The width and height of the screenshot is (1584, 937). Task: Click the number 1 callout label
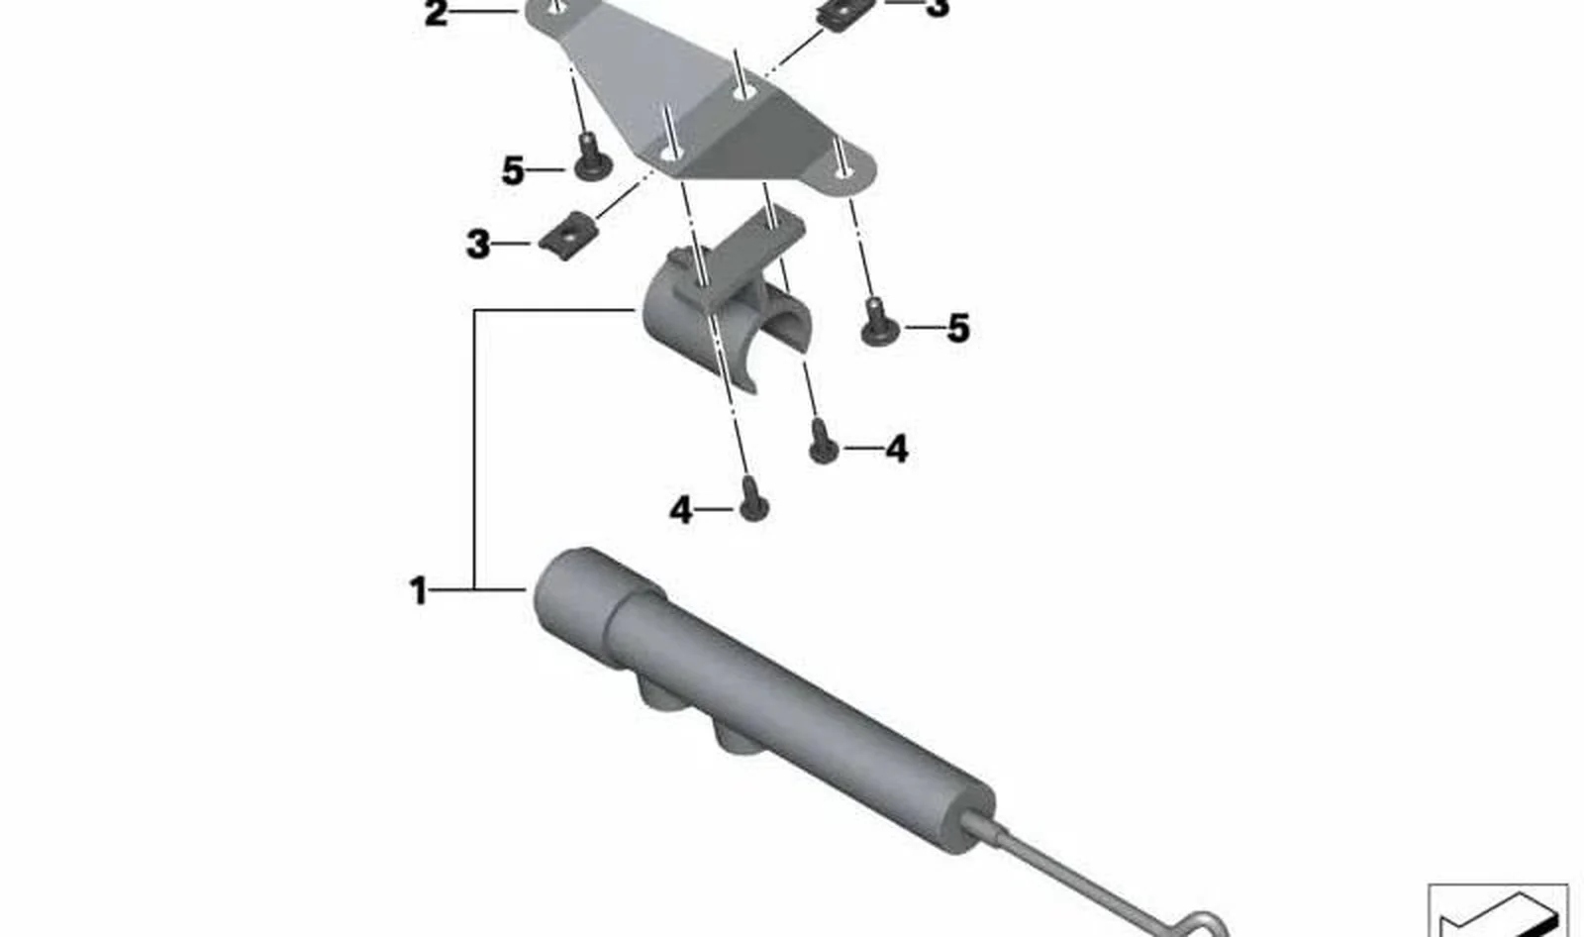(418, 590)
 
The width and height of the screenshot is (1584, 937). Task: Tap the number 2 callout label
(436, 14)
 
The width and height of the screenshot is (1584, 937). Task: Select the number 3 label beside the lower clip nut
(478, 245)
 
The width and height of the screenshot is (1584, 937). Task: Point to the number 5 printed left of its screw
(513, 171)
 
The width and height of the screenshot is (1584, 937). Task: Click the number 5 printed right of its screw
(958, 329)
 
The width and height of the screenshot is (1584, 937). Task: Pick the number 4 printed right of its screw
(897, 449)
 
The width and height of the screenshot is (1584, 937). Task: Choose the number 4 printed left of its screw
(680, 510)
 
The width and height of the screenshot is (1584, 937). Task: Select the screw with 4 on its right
(823, 441)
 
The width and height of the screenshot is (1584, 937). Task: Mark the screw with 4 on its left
(753, 499)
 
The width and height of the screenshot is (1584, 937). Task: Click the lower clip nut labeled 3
(568, 236)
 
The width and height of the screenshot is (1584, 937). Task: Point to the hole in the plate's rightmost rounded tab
(841, 171)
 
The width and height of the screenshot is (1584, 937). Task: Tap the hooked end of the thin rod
(1202, 923)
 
